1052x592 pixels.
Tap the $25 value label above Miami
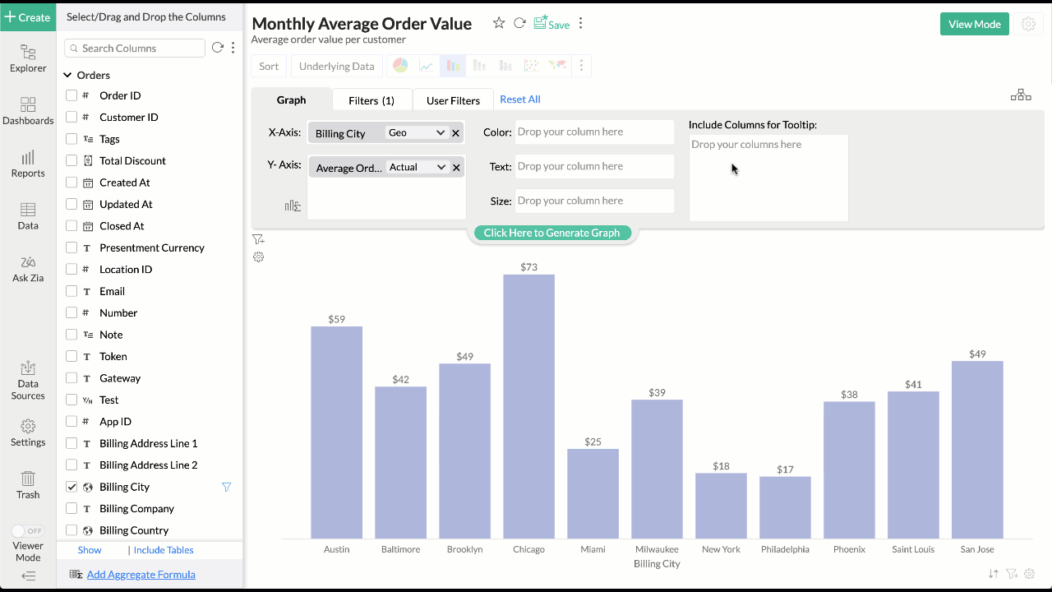[x=593, y=442]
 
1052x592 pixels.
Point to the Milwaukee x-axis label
[x=657, y=549]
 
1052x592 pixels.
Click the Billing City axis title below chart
[x=657, y=564]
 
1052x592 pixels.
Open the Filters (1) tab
[x=371, y=100]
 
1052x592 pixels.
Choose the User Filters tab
[x=453, y=100]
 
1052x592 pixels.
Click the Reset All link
[x=520, y=99]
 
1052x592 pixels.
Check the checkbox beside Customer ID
[x=72, y=117]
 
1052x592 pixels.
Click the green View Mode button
[x=974, y=24]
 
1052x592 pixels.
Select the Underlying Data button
[x=336, y=67]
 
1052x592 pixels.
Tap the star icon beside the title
[x=499, y=23]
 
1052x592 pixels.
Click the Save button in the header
[x=551, y=24]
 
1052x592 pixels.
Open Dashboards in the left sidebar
[x=28, y=111]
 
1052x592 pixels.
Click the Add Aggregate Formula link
[x=141, y=575]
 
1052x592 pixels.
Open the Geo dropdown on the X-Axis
[x=417, y=132]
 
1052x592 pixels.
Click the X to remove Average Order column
[x=456, y=167]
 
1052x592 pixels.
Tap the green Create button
[x=28, y=16]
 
